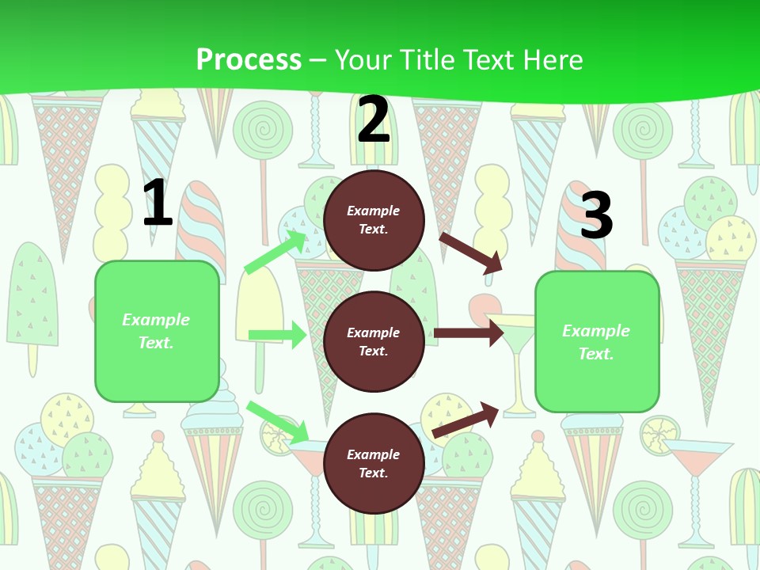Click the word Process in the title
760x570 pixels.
(249, 60)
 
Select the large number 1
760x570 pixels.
(158, 203)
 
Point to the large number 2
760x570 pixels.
(374, 120)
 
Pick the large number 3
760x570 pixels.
(597, 215)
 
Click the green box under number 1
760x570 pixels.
(157, 331)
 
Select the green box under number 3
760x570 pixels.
(597, 342)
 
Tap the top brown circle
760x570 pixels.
(374, 220)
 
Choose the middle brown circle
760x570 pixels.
(374, 342)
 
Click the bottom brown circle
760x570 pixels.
(374, 464)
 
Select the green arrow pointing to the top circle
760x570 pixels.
(275, 253)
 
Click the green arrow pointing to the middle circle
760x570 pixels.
(277, 335)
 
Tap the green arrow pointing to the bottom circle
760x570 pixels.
(277, 422)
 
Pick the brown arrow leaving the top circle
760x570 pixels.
(471, 253)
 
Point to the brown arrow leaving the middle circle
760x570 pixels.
(468, 333)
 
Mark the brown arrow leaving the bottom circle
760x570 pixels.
(466, 420)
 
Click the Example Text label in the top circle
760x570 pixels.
(374, 220)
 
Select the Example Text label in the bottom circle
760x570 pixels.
(374, 464)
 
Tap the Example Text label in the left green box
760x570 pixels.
(157, 331)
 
